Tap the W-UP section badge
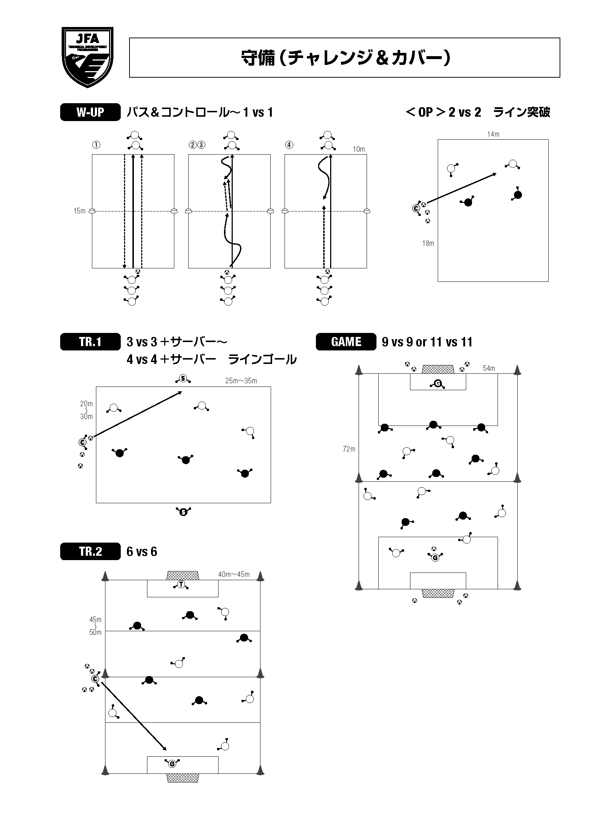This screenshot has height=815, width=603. pyautogui.click(x=90, y=112)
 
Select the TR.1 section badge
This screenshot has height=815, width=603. pyautogui.click(x=90, y=342)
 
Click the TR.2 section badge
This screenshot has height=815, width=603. pyautogui.click(x=90, y=551)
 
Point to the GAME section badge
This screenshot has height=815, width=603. pyautogui.click(x=346, y=342)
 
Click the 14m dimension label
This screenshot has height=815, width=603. pyautogui.click(x=493, y=134)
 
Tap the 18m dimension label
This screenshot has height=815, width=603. pyautogui.click(x=428, y=243)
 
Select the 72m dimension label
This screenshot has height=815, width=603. pyautogui.click(x=349, y=449)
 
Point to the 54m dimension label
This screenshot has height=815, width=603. pyautogui.click(x=489, y=368)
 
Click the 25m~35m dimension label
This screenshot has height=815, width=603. pyautogui.click(x=241, y=381)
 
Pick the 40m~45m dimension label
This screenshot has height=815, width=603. pyautogui.click(x=233, y=575)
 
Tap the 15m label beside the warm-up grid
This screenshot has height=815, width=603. pyautogui.click(x=79, y=211)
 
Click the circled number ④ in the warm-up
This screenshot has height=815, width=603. pyautogui.click(x=289, y=145)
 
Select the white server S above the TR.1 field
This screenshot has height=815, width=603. pyautogui.click(x=183, y=379)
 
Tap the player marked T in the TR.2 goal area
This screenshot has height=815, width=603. pyautogui.click(x=181, y=585)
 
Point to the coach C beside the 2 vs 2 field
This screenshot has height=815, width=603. pyautogui.click(x=416, y=208)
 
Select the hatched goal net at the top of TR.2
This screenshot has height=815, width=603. pyautogui.click(x=182, y=575)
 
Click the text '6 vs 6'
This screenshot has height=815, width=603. pyautogui.click(x=142, y=551)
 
